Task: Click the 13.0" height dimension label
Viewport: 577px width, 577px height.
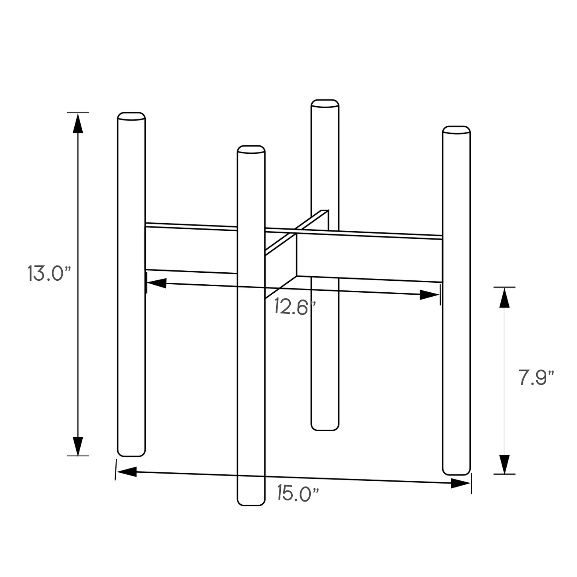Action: tap(49, 274)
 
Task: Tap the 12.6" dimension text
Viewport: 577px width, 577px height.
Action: tap(295, 307)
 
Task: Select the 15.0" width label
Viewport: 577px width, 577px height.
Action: tap(298, 494)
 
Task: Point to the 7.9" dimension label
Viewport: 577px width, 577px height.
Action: tap(536, 378)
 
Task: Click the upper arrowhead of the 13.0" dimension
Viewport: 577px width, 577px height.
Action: tap(78, 123)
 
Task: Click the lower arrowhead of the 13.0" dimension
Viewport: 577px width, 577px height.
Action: tap(78, 446)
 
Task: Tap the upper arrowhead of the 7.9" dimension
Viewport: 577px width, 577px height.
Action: tap(504, 297)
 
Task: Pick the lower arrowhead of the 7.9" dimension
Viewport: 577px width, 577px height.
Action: tap(504, 464)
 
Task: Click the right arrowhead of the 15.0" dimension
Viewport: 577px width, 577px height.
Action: tap(460, 483)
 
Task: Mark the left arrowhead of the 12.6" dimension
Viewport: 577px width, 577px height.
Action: tap(157, 283)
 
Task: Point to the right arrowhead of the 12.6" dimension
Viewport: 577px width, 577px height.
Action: tap(430, 295)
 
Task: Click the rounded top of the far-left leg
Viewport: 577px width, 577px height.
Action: tap(131, 116)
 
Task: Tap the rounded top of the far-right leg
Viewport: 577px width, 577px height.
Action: tap(456, 130)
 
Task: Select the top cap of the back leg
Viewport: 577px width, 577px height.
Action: tap(325, 103)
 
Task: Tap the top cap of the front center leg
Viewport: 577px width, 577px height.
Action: tap(251, 149)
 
